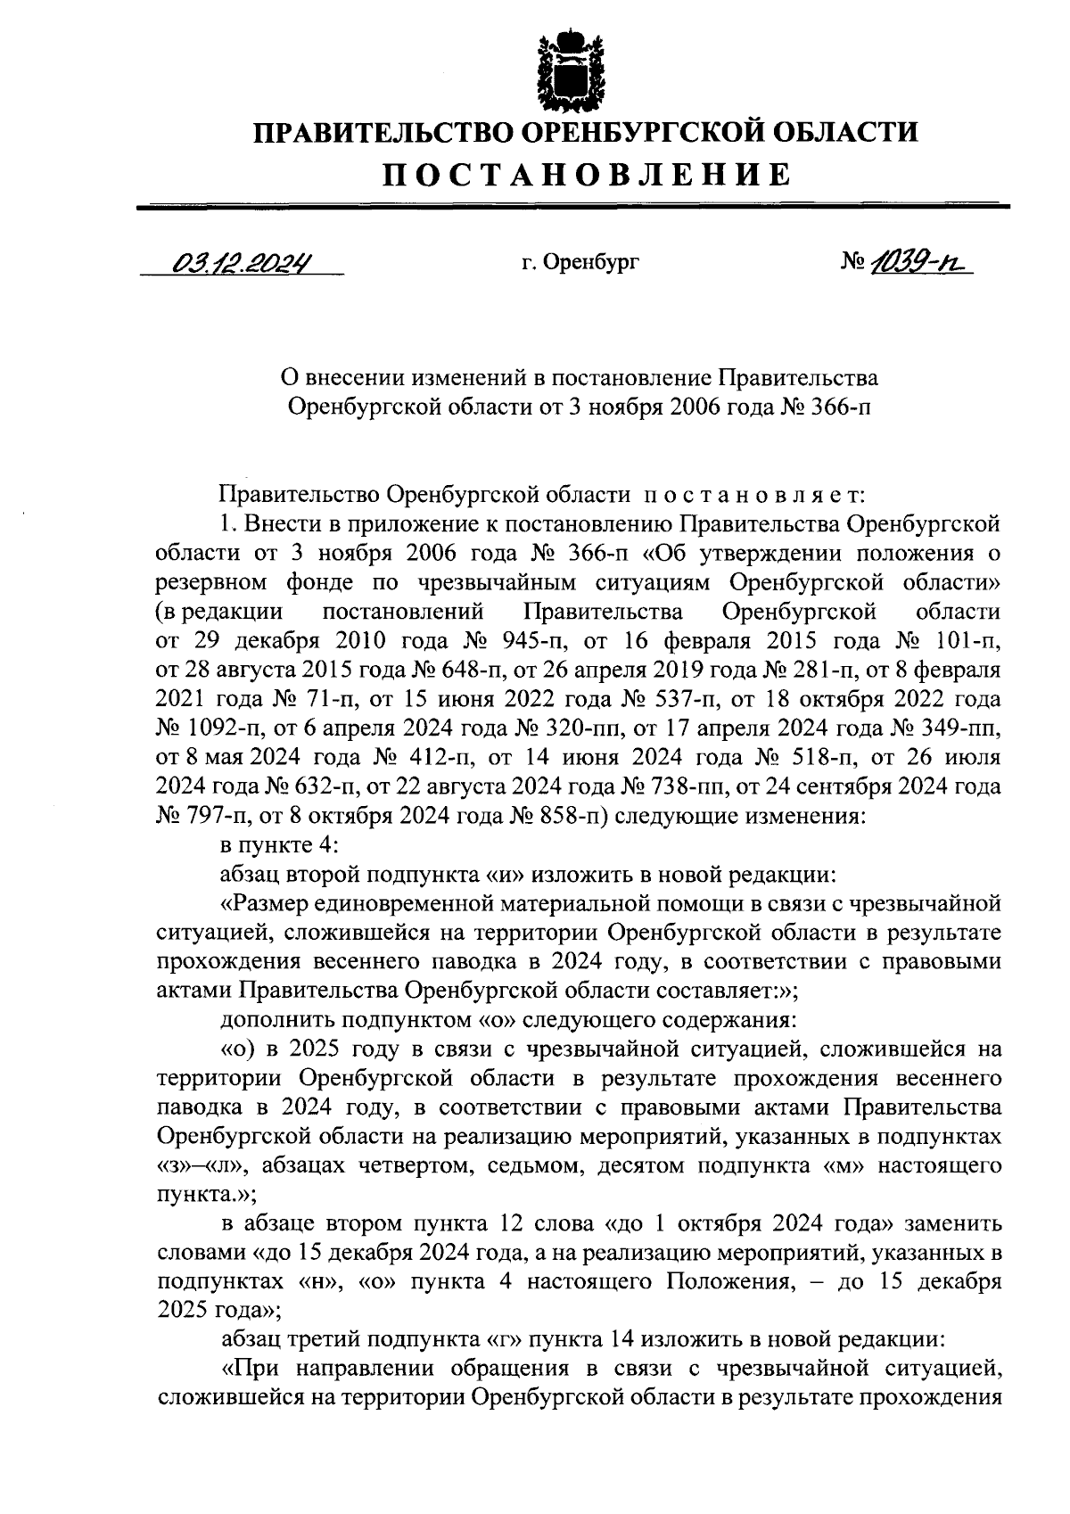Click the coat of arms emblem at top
point(560,67)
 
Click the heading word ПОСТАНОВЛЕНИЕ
point(586,173)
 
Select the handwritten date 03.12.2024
point(241,263)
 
